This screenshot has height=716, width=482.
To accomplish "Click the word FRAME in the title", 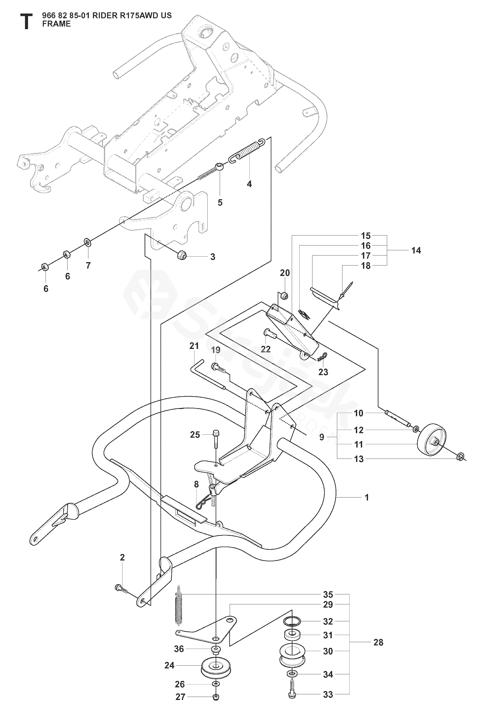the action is pyautogui.click(x=57, y=24).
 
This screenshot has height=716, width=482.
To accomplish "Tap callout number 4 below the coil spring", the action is pyautogui.click(x=249, y=184).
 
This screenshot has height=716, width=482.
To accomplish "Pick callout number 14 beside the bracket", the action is pyautogui.click(x=416, y=250).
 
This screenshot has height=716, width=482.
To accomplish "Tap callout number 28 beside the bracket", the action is pyautogui.click(x=378, y=642).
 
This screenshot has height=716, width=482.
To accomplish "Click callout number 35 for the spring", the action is pyautogui.click(x=328, y=594).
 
